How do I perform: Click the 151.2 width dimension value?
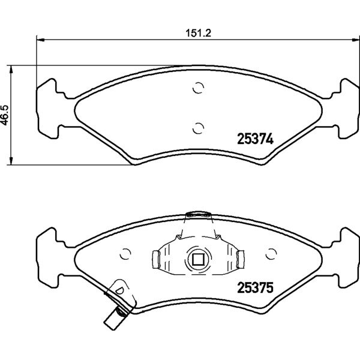[198, 33]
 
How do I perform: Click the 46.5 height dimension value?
[5, 115]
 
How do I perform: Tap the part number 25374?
[256, 139]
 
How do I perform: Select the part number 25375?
[256, 287]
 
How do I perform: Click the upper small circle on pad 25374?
[198, 88]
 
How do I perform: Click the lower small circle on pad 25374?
[198, 128]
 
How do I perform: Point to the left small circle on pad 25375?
[125, 254]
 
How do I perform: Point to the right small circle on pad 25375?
[271, 254]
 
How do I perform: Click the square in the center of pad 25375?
[198, 259]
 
